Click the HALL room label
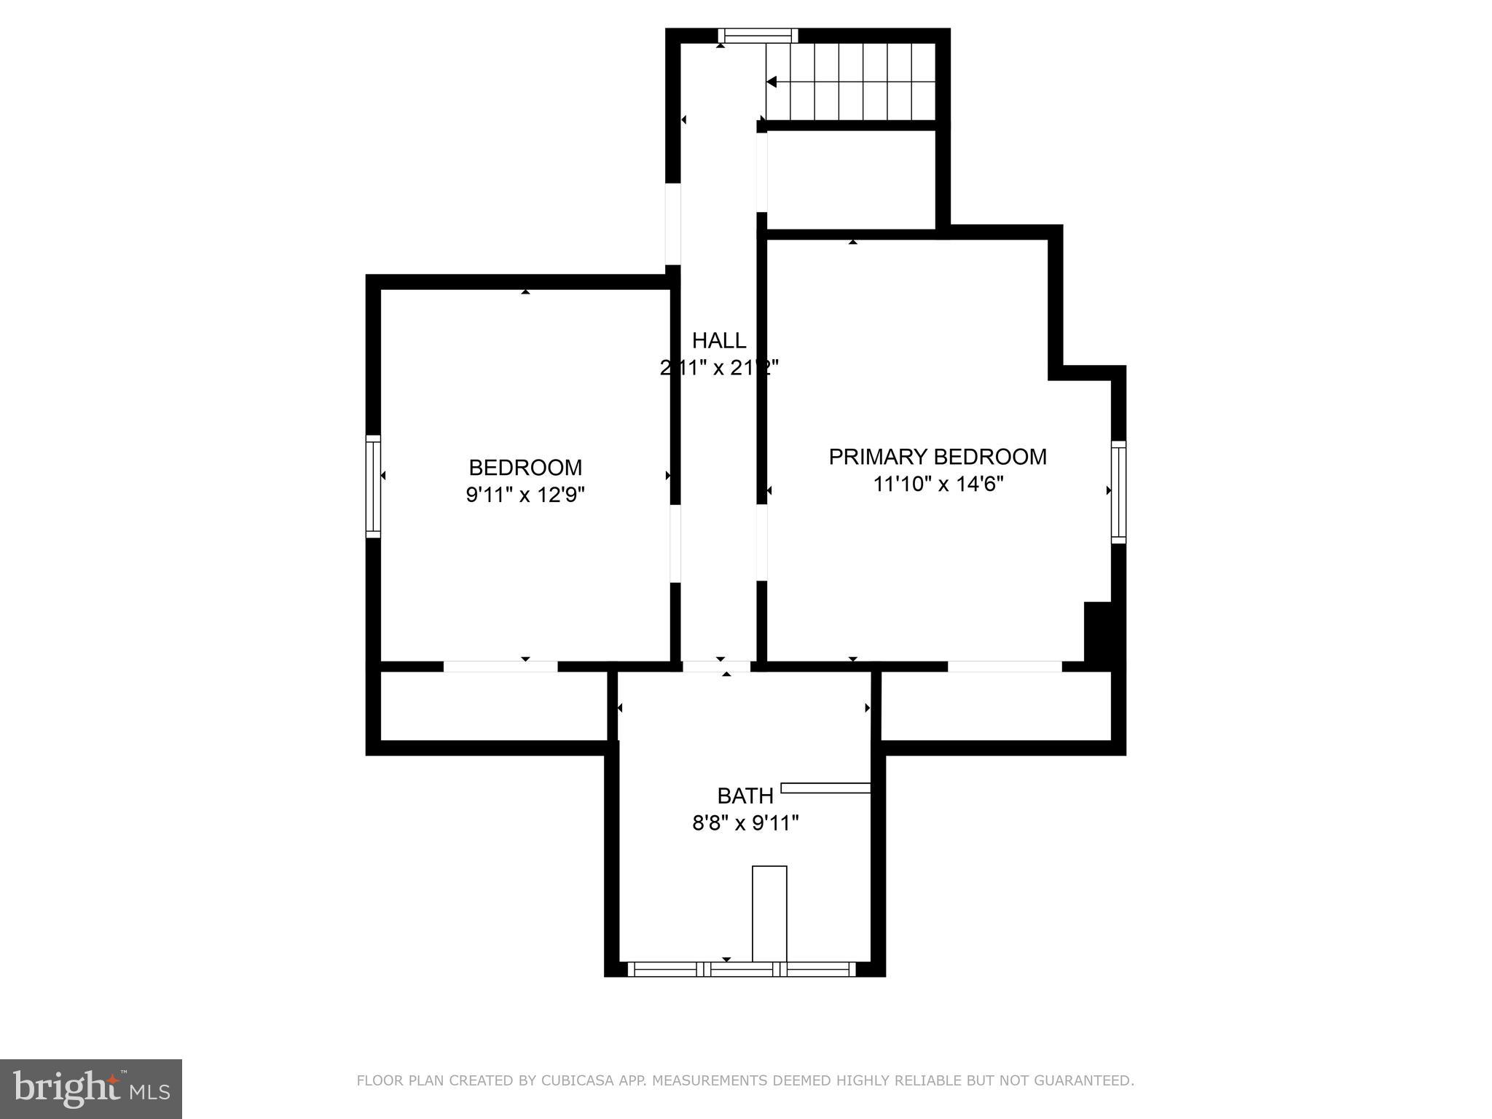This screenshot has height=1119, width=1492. [718, 340]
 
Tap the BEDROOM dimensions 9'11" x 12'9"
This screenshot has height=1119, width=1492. [525, 495]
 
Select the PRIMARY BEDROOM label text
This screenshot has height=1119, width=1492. [937, 457]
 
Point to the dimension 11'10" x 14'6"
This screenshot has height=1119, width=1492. [938, 484]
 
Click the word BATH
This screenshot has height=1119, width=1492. [745, 796]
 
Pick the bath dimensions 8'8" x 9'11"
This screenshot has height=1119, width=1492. [745, 823]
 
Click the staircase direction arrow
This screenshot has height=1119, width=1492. [771, 82]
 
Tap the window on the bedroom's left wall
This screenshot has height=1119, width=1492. [373, 486]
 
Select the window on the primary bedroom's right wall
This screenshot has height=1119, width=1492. [1118, 492]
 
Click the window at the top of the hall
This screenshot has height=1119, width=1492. [758, 36]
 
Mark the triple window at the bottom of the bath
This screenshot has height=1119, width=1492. [742, 969]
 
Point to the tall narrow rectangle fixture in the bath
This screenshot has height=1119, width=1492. [769, 914]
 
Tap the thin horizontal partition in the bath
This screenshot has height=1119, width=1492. [825, 788]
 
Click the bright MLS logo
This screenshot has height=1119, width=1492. [90, 1088]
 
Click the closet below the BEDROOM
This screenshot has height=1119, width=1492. [493, 705]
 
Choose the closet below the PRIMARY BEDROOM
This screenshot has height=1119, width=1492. [995, 705]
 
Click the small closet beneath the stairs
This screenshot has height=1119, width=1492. [851, 179]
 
